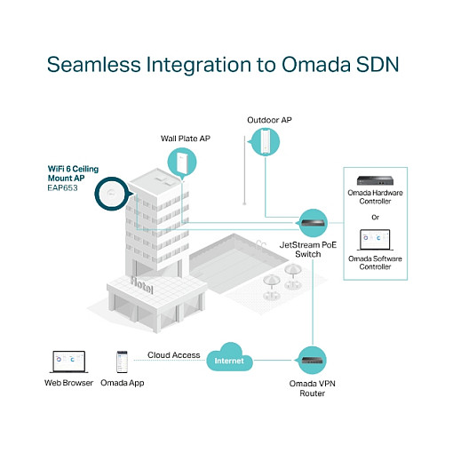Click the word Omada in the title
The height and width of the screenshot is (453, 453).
[316, 64]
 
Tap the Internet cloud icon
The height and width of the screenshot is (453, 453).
[229, 358]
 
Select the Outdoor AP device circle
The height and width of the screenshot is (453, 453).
[265, 142]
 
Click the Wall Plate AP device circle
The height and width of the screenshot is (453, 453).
[182, 163]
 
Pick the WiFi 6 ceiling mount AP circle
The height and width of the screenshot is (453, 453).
[112, 194]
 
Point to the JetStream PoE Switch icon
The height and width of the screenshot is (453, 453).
[313, 223]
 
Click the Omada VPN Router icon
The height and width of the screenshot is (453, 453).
[312, 361]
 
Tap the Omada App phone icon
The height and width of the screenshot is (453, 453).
[122, 362]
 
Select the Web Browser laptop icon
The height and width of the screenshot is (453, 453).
[69, 362]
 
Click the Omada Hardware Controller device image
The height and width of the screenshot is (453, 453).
[375, 180]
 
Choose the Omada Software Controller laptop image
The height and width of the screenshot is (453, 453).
[375, 240]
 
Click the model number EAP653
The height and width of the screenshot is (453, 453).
[62, 188]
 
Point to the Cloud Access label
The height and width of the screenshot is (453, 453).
[174, 355]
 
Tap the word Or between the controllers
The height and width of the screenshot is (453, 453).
[375, 218]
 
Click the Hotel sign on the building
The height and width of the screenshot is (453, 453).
[142, 285]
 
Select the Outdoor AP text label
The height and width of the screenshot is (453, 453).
[269, 120]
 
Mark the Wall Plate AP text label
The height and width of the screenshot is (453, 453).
[186, 139]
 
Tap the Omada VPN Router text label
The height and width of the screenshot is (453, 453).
[313, 388]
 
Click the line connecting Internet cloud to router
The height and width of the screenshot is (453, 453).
[274, 361]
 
